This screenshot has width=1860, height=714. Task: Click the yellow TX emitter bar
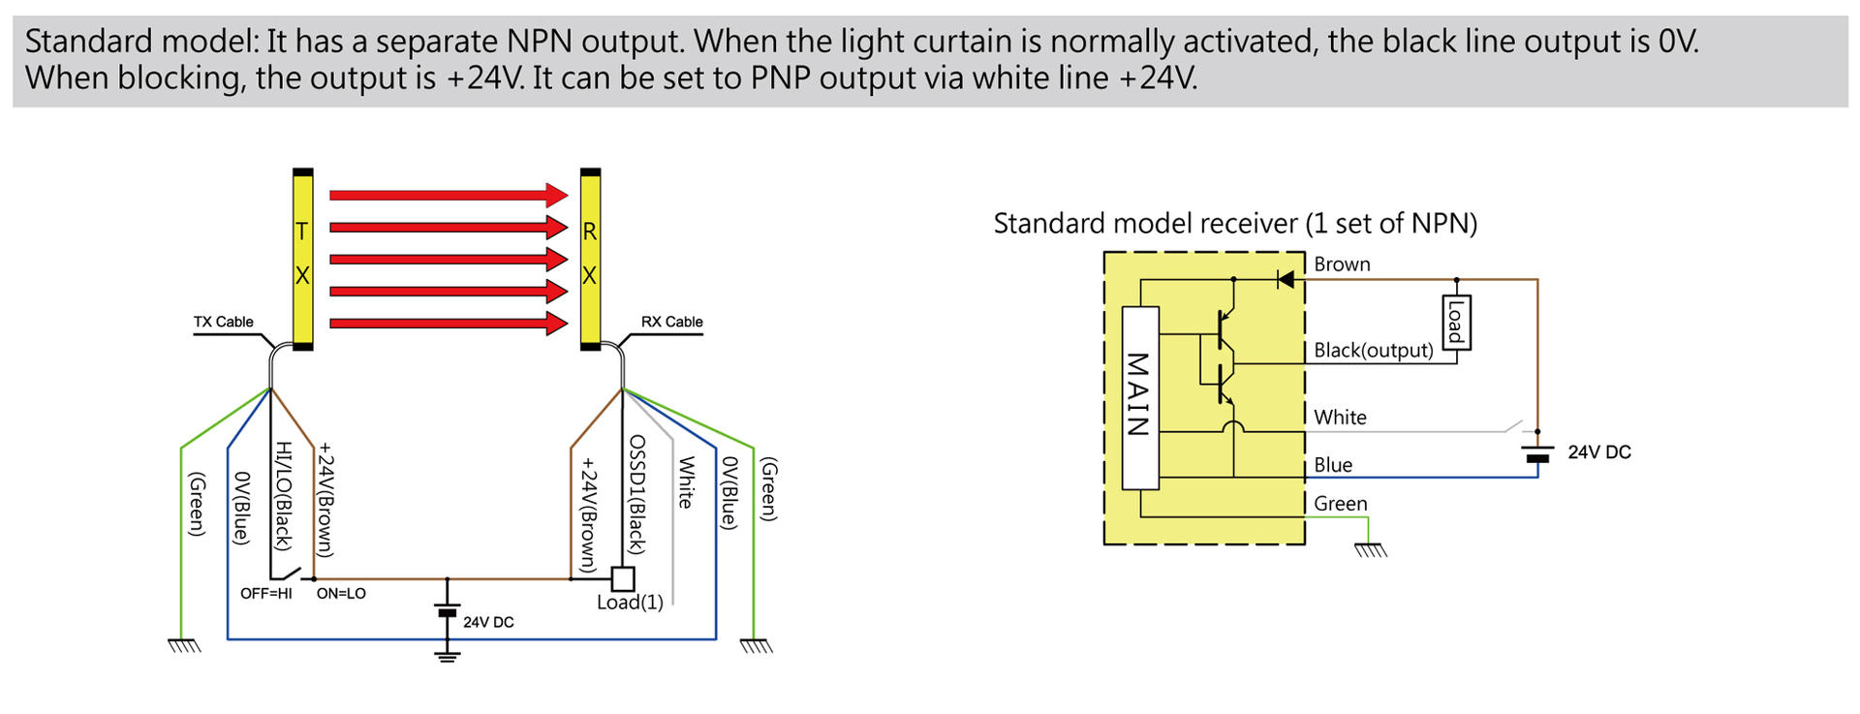(x=302, y=259)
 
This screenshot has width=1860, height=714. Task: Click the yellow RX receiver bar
(x=590, y=259)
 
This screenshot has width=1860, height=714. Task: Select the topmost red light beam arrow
(x=448, y=195)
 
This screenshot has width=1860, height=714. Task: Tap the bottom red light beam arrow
(x=448, y=323)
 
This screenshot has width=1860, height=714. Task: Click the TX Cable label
(x=223, y=322)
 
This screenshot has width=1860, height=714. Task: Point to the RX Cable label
(x=671, y=322)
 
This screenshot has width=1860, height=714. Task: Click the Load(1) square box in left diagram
(x=623, y=578)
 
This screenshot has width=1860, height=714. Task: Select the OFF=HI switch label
(x=265, y=593)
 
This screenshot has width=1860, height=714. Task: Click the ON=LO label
(x=341, y=593)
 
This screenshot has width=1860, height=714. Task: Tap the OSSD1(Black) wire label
(x=636, y=494)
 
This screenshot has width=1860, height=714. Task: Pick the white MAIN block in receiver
(x=1140, y=397)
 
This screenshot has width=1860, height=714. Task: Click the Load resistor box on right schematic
(x=1456, y=322)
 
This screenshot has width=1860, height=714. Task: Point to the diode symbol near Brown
(x=1286, y=280)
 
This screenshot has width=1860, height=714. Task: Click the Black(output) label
(x=1373, y=350)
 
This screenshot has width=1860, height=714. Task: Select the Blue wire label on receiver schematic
(x=1332, y=465)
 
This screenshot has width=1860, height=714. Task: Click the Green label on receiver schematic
(x=1340, y=504)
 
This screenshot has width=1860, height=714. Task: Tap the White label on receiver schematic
(x=1340, y=418)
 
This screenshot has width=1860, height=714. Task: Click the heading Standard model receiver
(x=1235, y=224)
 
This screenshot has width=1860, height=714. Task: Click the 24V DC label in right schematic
(x=1598, y=452)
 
